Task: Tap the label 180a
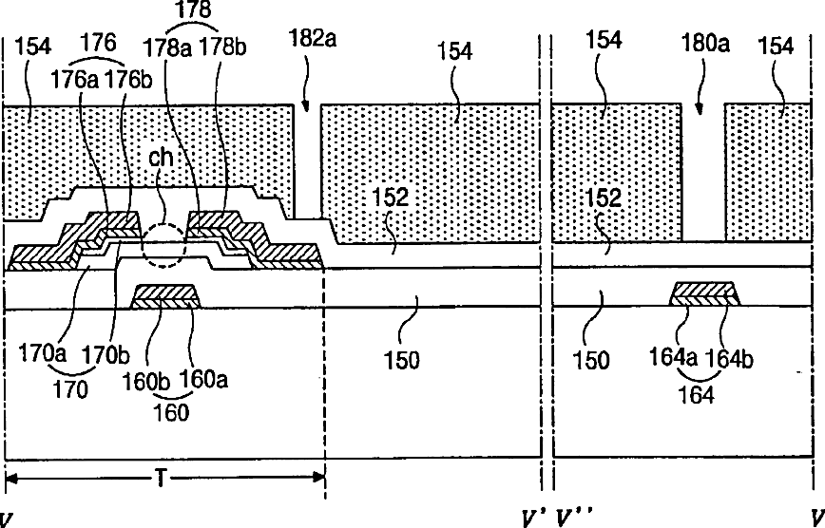pos(705,43)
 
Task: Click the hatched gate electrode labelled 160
pos(166,296)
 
